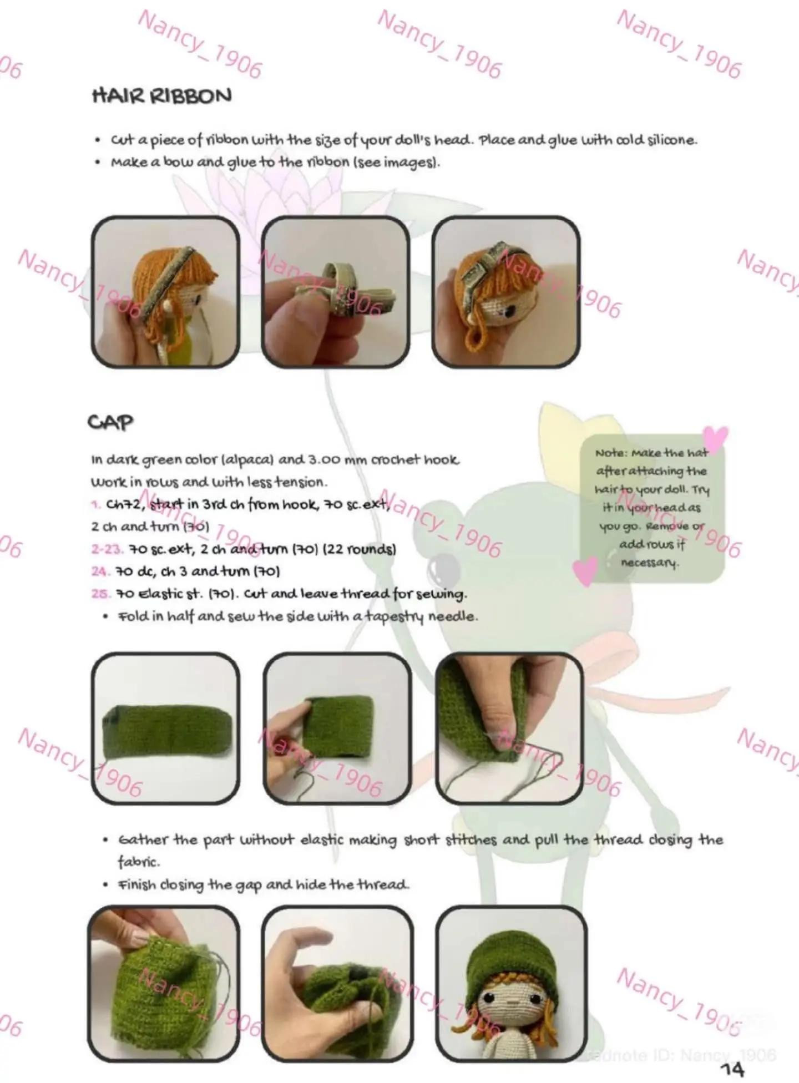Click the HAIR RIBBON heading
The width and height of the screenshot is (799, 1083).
pyautogui.click(x=161, y=97)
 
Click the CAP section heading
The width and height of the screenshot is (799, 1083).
pyautogui.click(x=110, y=422)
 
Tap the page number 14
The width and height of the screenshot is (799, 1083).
pyautogui.click(x=732, y=1068)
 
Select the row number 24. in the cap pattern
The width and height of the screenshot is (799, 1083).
pyautogui.click(x=100, y=571)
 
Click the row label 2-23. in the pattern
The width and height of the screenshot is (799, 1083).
pyautogui.click(x=107, y=549)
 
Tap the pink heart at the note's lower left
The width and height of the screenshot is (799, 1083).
pyautogui.click(x=586, y=570)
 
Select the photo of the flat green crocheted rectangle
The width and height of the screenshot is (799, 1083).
pyautogui.click(x=165, y=728)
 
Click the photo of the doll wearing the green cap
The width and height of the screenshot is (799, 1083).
pyautogui.click(x=511, y=984)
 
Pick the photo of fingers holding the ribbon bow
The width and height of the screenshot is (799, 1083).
pyautogui.click(x=336, y=292)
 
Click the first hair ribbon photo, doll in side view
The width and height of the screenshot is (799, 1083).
pyautogui.click(x=165, y=292)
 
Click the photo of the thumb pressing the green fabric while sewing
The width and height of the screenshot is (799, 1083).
pyautogui.click(x=509, y=728)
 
